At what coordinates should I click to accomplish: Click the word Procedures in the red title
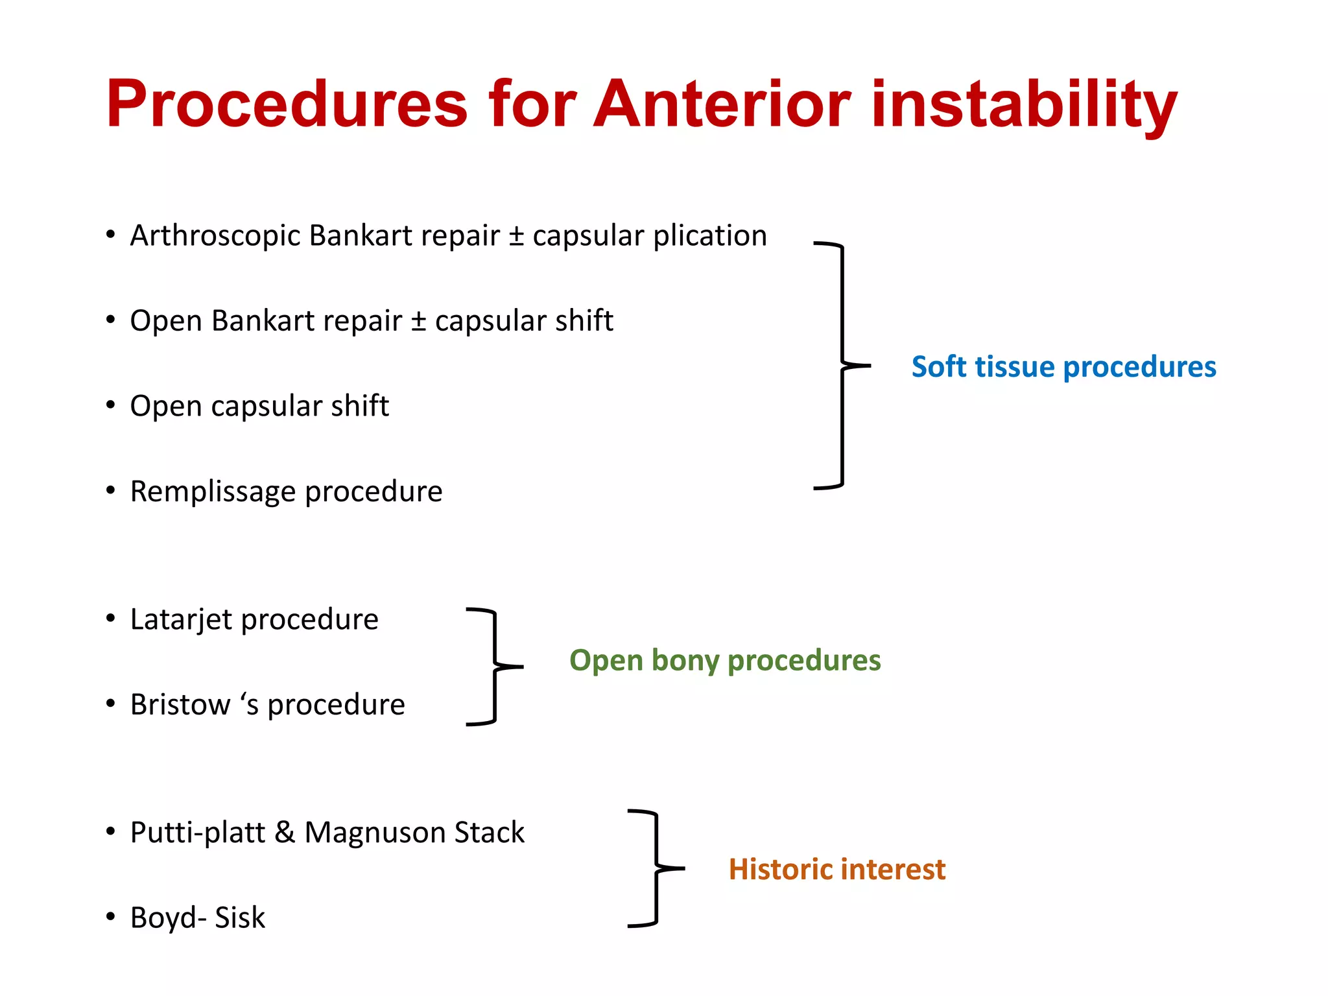[x=286, y=104]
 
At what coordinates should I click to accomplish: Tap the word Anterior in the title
[x=722, y=104]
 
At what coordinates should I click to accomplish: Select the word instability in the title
[x=1024, y=104]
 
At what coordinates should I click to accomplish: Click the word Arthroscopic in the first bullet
[x=215, y=236]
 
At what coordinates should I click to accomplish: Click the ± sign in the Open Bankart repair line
[x=418, y=321]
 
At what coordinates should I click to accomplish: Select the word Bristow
[x=180, y=704]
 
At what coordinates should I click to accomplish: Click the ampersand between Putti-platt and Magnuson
[x=285, y=832]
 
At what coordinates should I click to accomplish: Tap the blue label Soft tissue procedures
[x=1063, y=367]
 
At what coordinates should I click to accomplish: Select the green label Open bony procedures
[x=725, y=660]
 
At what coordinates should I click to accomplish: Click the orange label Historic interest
[x=836, y=870]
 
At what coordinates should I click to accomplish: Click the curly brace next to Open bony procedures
[x=495, y=667]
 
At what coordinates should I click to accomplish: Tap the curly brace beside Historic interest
[x=656, y=868]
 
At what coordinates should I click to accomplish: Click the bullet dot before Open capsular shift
[x=111, y=405]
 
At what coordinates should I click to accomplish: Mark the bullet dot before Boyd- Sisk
[x=111, y=917]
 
